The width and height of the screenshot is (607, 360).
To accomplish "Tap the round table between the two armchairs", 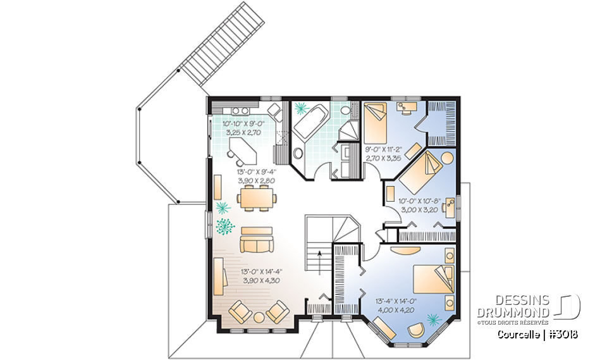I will [258, 316].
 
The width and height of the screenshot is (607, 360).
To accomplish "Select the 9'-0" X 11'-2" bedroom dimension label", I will [383, 149].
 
